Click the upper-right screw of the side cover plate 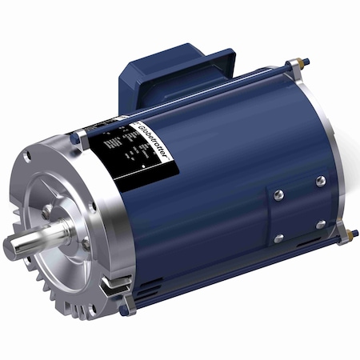(320, 180)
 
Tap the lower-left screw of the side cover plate (278, 238)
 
